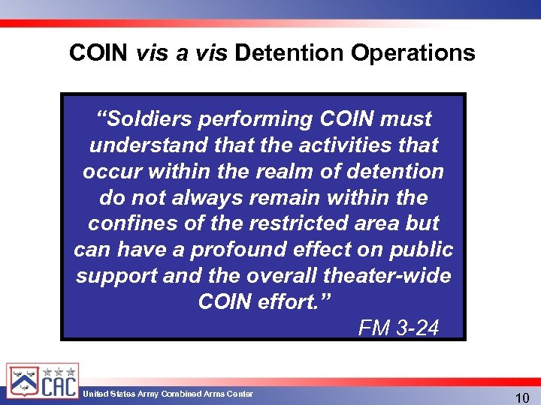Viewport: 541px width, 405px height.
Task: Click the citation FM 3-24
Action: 398,328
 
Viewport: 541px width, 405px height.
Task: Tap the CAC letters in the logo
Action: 58,385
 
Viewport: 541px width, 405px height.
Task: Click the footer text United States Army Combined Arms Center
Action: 168,394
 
